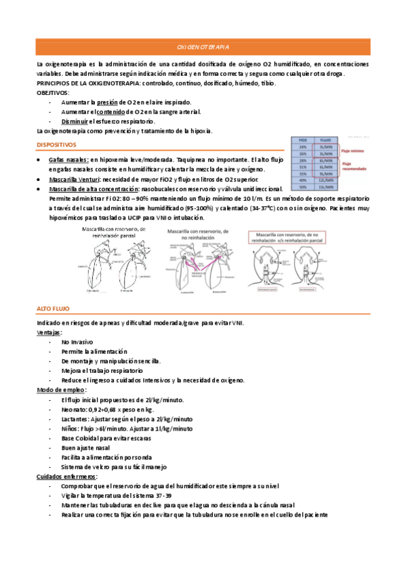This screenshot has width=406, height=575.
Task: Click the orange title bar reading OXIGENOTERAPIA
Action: pyautogui.click(x=203, y=47)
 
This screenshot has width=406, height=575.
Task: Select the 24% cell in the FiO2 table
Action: pyautogui.click(x=302, y=146)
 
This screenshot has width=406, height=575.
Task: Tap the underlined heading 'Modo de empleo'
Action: pyautogui.click(x=60, y=391)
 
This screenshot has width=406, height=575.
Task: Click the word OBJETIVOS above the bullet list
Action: pyautogui.click(x=52, y=92)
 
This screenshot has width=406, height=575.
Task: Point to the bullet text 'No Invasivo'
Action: pyautogui.click(x=77, y=342)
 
